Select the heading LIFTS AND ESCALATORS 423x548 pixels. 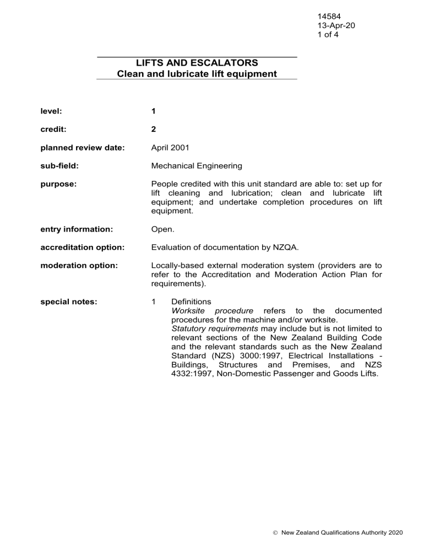197,63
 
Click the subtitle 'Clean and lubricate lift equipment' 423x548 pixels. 197,73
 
